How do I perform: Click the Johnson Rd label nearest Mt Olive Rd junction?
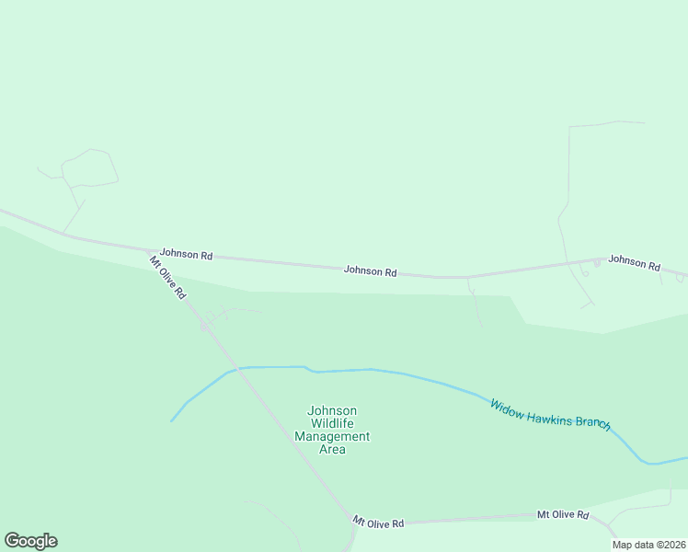(x=186, y=253)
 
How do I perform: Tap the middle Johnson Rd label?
(x=370, y=271)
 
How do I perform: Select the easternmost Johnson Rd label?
(x=634, y=263)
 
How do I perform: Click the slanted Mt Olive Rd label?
(x=168, y=277)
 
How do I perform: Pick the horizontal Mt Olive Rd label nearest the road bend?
(x=378, y=523)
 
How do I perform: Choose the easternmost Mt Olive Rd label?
(x=562, y=515)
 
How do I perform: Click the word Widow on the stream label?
(x=507, y=408)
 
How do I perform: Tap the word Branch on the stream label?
(x=592, y=422)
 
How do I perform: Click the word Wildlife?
(x=332, y=424)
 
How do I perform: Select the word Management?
(x=332, y=437)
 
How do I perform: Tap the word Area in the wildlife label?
(x=332, y=450)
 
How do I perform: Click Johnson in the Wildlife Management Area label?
(x=332, y=411)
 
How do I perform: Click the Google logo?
(x=30, y=541)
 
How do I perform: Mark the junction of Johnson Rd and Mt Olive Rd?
(x=149, y=250)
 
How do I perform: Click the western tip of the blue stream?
(x=172, y=421)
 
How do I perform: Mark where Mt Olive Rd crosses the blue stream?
(x=239, y=368)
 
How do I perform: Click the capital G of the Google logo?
(x=13, y=541)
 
